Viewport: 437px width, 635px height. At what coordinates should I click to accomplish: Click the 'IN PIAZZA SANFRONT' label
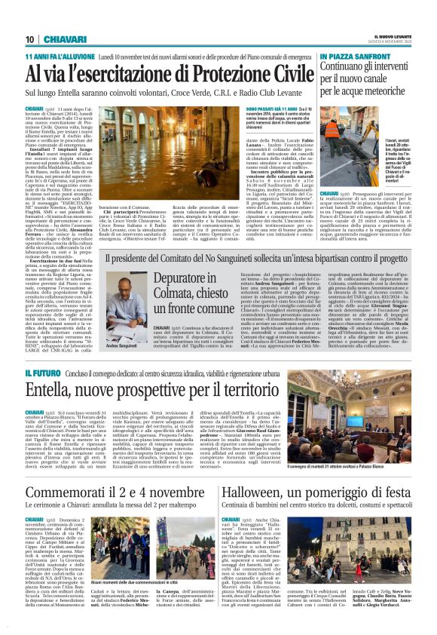coord(353,57)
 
